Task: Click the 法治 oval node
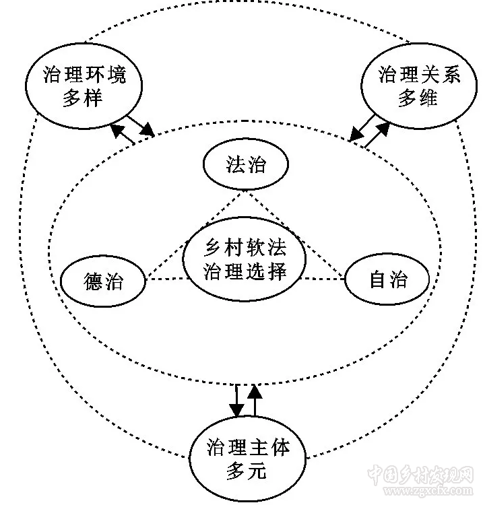click(245, 165)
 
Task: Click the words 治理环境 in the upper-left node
click(84, 74)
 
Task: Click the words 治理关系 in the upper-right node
click(410, 74)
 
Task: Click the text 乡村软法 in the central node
click(244, 248)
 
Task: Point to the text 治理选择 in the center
click(244, 271)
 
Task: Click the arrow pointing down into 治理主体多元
click(236, 400)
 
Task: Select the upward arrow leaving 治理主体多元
click(254, 400)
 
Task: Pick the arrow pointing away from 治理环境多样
click(142, 125)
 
